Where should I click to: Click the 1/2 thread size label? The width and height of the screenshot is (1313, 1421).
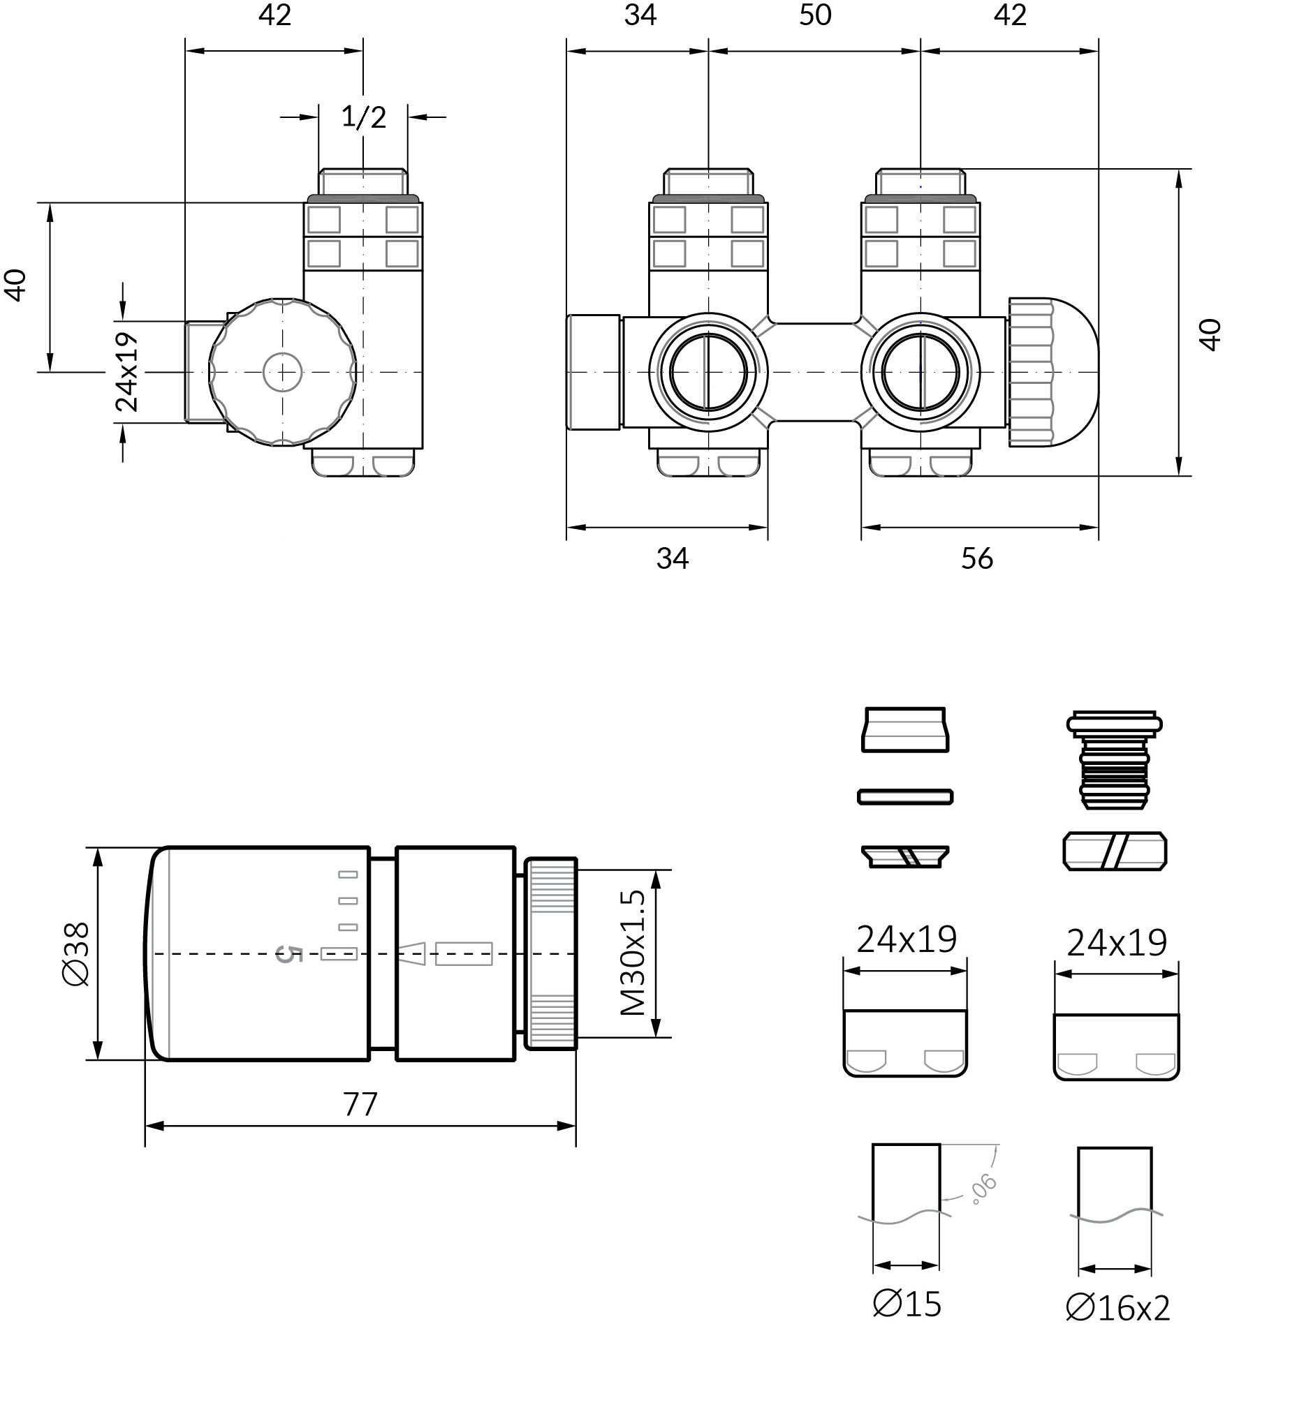click(x=363, y=117)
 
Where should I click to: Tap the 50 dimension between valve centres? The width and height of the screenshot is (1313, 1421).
click(x=815, y=15)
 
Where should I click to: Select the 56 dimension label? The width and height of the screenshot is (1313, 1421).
click(x=977, y=559)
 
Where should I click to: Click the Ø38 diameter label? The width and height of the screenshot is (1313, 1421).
click(x=76, y=953)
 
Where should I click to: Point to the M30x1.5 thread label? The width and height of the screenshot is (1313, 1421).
click(x=633, y=953)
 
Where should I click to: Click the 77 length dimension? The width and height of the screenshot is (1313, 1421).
click(x=360, y=1104)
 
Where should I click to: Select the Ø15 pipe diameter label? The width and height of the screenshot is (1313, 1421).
click(x=907, y=1304)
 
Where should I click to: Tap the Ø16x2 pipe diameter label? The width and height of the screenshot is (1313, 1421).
click(x=1117, y=1307)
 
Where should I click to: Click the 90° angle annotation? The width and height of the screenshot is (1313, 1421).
click(x=985, y=1189)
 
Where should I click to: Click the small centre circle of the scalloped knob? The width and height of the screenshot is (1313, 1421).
click(x=283, y=372)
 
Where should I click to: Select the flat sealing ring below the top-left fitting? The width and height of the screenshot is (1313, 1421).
click(x=905, y=797)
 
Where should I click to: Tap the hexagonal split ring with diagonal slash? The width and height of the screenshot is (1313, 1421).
click(x=1115, y=851)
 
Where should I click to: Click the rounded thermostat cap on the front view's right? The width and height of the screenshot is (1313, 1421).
click(x=1053, y=372)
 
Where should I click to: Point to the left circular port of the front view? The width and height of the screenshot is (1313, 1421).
click(x=708, y=372)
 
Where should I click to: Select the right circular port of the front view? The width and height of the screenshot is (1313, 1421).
click(x=920, y=372)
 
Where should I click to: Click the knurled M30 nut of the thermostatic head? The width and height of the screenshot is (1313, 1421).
click(x=550, y=953)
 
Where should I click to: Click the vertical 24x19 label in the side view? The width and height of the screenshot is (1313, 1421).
click(x=126, y=371)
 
